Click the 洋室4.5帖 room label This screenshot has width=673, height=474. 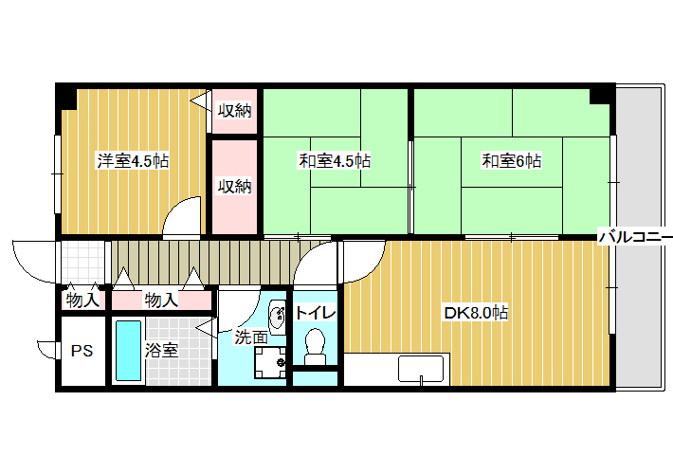tap(133, 161)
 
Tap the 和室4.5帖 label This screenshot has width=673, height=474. tap(335, 161)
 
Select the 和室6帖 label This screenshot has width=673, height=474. tap(512, 161)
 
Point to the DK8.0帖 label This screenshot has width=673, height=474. tap(476, 313)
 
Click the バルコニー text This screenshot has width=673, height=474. tap(636, 237)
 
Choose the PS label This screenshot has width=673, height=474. tap(82, 351)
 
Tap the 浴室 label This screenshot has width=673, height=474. tap(161, 351)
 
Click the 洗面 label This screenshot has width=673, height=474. tap(251, 337)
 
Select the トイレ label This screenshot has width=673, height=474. tap(316, 313)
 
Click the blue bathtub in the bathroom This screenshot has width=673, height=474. tap(129, 351)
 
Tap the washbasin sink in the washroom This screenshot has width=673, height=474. tap(278, 318)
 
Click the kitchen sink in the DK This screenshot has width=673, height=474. tap(421, 369)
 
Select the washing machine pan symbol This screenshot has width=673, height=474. tap(270, 362)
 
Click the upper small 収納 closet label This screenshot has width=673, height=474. tap(234, 111)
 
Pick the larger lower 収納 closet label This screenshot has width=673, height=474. tap(234, 187)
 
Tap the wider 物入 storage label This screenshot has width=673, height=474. tap(161, 301)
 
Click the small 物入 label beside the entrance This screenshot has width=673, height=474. tap(82, 301)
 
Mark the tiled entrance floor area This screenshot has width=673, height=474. tap(83, 263)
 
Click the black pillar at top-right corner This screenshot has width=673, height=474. tap(602, 96)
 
